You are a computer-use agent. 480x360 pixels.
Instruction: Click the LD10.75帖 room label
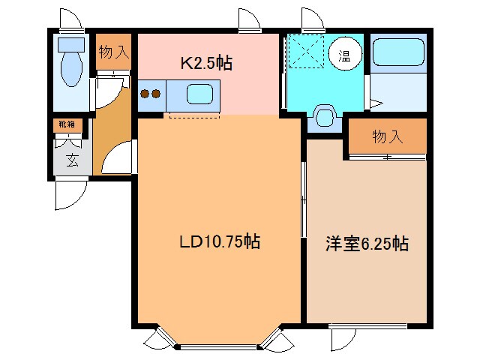[220, 242]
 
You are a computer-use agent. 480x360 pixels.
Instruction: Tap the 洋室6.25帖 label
[367, 244]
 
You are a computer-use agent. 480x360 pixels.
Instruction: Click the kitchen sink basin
[200, 95]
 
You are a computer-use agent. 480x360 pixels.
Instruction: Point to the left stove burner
[145, 94]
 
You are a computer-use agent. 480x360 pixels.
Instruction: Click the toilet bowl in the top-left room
[72, 67]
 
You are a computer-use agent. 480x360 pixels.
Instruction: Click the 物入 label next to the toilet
[113, 52]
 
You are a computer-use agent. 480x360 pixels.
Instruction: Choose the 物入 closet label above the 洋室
[388, 136]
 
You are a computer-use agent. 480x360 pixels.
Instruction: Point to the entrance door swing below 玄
[67, 196]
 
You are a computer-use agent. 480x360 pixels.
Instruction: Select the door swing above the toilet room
[68, 20]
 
